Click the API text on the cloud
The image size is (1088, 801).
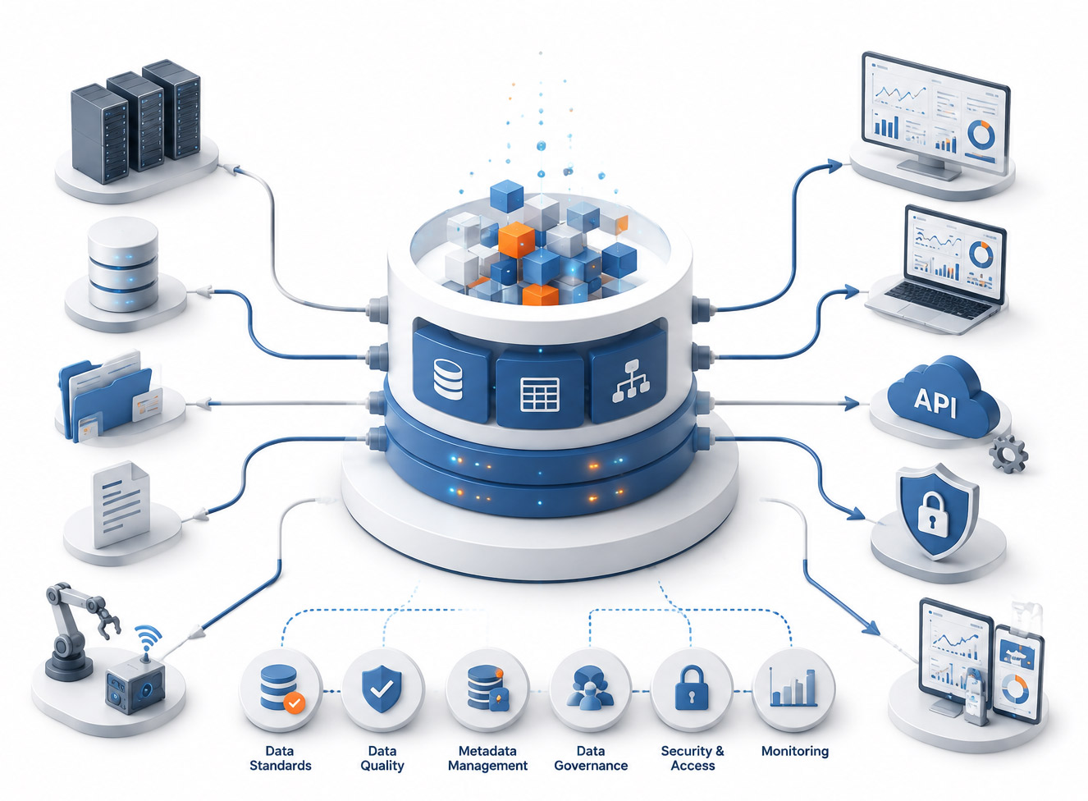935,403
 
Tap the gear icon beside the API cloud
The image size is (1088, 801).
1008,454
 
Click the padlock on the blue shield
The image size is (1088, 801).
932,515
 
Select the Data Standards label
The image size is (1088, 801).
281,758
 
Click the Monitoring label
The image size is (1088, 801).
795,751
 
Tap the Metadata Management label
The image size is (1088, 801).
487,758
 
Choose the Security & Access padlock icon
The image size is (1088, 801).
692,688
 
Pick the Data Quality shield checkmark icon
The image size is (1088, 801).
382,689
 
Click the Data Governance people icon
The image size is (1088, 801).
590,689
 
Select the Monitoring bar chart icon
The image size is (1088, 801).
793,688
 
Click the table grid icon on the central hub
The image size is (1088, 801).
540,395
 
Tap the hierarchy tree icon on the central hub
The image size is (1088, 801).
630,382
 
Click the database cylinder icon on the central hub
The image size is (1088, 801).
448,379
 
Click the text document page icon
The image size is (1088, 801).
121,503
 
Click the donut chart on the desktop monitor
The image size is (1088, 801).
981,135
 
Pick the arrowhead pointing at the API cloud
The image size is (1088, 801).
852,403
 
